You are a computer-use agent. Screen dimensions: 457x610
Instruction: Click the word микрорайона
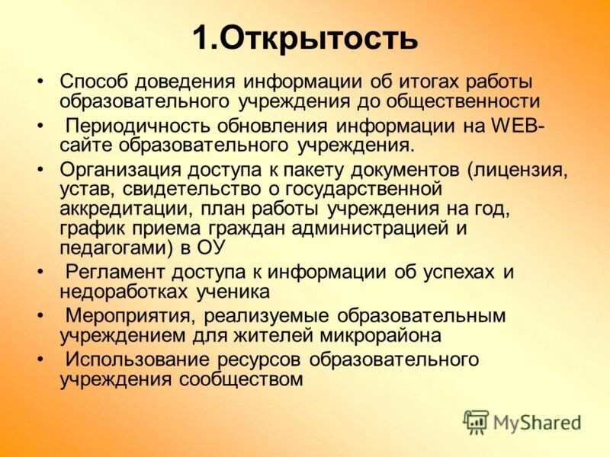(x=376, y=335)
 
